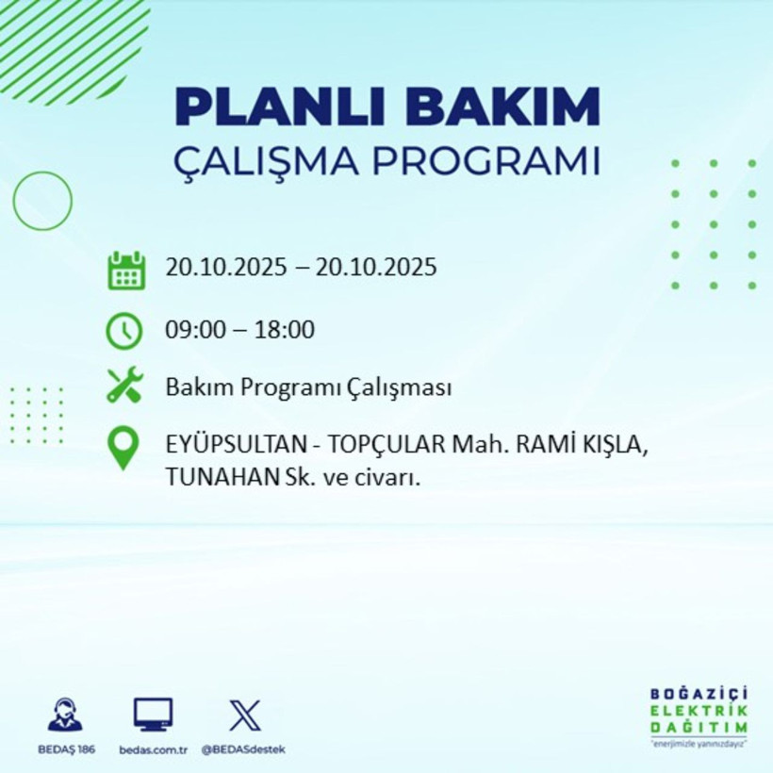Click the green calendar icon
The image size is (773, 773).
[125, 270]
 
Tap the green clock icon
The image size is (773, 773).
[124, 330]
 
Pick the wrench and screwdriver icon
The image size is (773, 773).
[124, 386]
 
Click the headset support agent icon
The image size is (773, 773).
[65, 716]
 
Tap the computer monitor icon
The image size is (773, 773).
[153, 715]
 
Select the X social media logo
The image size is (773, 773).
[244, 715]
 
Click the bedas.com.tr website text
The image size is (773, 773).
[153, 749]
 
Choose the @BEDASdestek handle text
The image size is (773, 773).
[243, 749]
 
